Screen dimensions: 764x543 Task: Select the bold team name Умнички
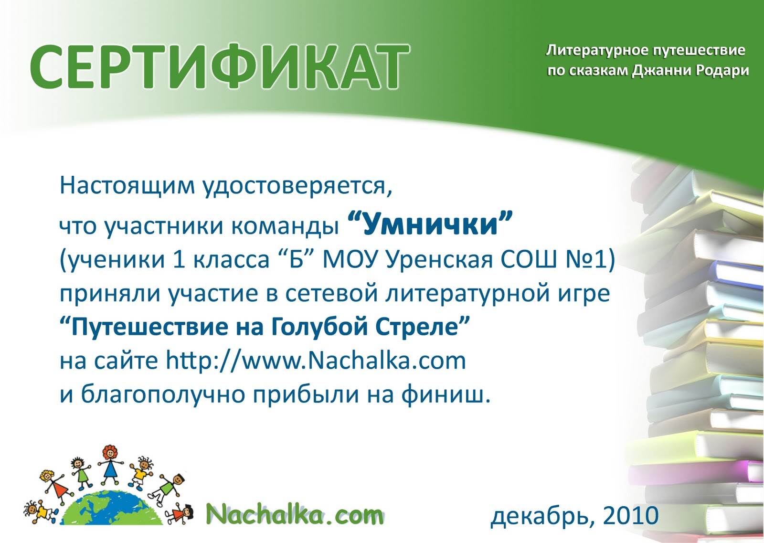(x=430, y=224)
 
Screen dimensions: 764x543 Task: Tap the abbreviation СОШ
(x=529, y=260)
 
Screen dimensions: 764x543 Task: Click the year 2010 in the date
(x=630, y=515)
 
